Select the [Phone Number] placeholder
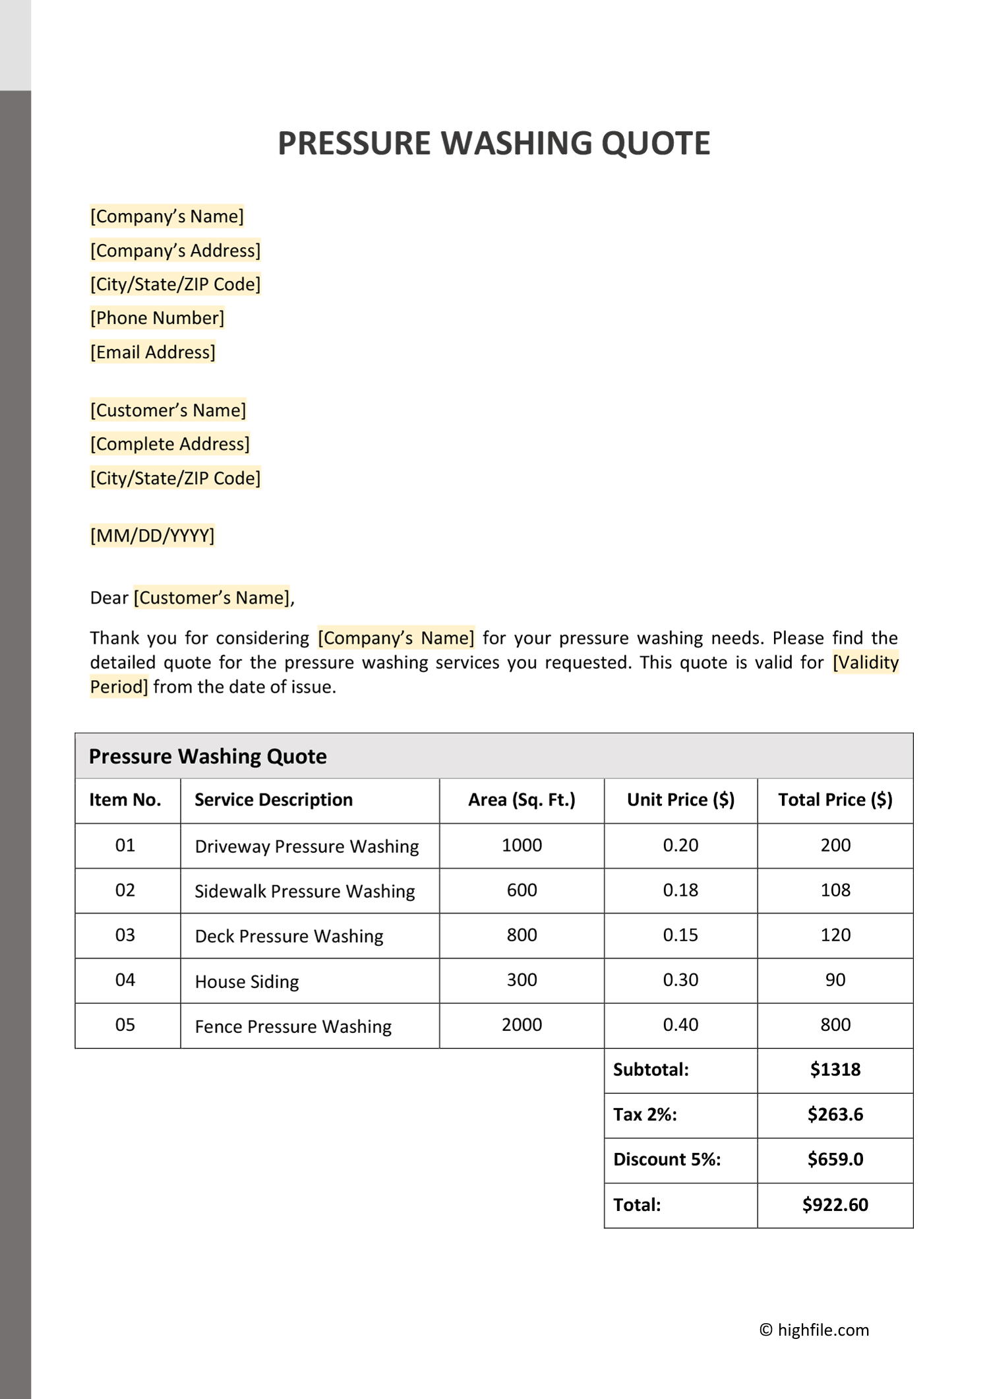click(x=157, y=318)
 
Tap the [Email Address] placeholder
click(x=153, y=352)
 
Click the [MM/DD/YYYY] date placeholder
click(x=152, y=535)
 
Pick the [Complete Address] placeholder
click(x=170, y=444)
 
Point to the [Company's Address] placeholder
click(x=175, y=251)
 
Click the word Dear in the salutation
click(x=109, y=598)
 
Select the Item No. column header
click(x=125, y=800)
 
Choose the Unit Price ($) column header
click(x=680, y=800)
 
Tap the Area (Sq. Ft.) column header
click(x=522, y=800)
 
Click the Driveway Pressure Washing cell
click(x=307, y=846)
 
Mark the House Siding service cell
click(x=247, y=981)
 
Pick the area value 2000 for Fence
click(x=522, y=1024)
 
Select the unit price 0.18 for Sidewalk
click(x=680, y=890)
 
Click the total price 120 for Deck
click(x=835, y=935)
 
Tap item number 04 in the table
click(x=125, y=979)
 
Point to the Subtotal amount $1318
click(x=835, y=1069)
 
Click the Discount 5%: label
click(x=667, y=1159)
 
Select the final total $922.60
click(x=835, y=1204)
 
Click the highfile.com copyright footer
click(x=814, y=1330)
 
